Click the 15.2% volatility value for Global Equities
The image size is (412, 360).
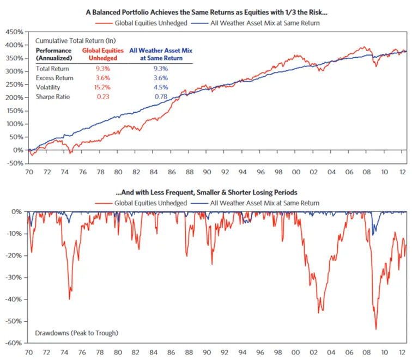click(102, 87)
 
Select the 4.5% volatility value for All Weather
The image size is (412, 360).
click(161, 87)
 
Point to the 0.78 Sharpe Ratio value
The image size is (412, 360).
click(161, 96)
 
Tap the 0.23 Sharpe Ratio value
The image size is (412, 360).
click(103, 96)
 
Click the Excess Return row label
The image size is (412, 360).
click(54, 78)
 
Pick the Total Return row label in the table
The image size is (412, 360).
click(52, 69)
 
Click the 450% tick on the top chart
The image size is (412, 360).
click(15, 32)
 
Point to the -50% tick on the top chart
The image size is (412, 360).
click(15, 163)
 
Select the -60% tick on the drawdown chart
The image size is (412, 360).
click(14, 343)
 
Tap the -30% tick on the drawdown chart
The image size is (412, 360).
click(14, 277)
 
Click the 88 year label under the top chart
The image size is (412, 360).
click(190, 172)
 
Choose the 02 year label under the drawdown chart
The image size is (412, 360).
click(313, 352)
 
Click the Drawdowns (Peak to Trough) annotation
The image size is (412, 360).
click(77, 333)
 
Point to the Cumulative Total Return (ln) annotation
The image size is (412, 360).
click(76, 41)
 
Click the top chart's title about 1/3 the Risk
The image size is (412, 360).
click(207, 13)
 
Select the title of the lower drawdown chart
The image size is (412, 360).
click(207, 192)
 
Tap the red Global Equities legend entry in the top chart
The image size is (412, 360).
click(141, 23)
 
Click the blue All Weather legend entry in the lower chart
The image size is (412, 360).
click(255, 203)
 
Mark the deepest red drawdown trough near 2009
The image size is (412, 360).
click(376, 330)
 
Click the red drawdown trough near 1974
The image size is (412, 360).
click(69, 300)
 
